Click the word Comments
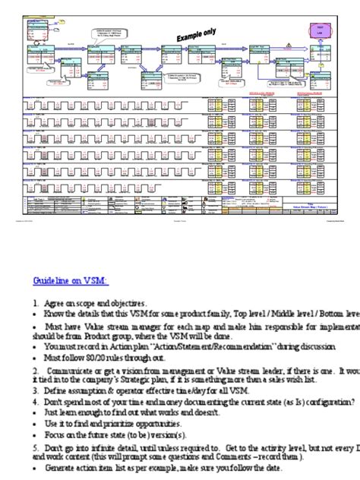[253, 457]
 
